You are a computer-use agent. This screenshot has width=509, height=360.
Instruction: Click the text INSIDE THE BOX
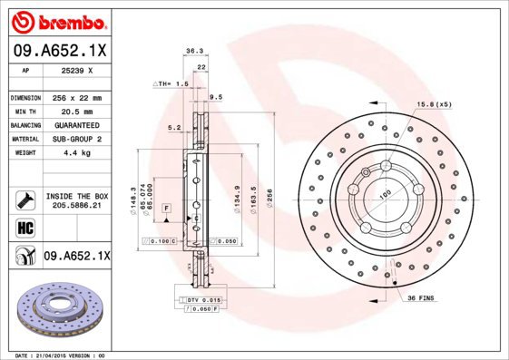click(x=76, y=196)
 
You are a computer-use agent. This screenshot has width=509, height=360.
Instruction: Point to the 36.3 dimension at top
click(x=193, y=52)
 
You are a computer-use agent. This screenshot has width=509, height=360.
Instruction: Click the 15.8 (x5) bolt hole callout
click(x=433, y=105)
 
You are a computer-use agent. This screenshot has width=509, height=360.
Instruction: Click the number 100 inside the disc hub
click(x=384, y=193)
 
